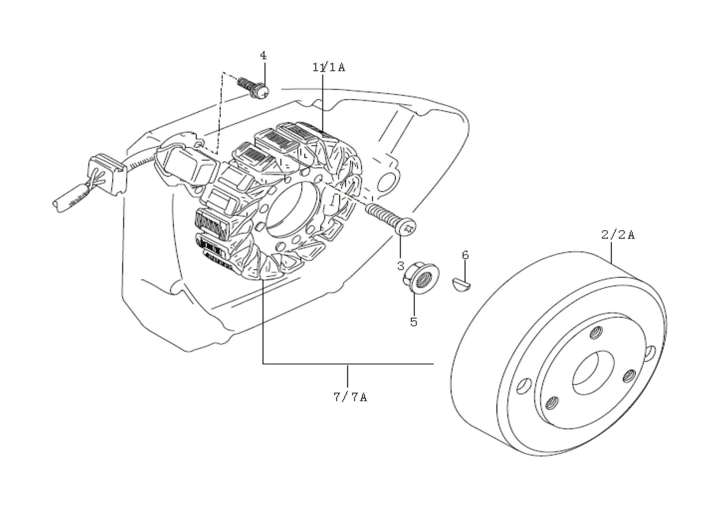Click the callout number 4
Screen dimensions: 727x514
(x=263, y=55)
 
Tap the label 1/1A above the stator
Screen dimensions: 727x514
(x=329, y=67)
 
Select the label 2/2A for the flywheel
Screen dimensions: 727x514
(x=618, y=234)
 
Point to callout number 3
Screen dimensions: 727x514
(x=401, y=266)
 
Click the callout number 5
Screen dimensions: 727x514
(x=413, y=322)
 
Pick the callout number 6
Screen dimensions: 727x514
(x=465, y=255)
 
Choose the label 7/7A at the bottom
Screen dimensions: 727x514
(x=351, y=397)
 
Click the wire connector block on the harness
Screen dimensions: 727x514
(x=107, y=176)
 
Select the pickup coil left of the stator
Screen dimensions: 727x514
(x=186, y=166)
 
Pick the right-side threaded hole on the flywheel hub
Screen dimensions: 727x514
(x=629, y=376)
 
